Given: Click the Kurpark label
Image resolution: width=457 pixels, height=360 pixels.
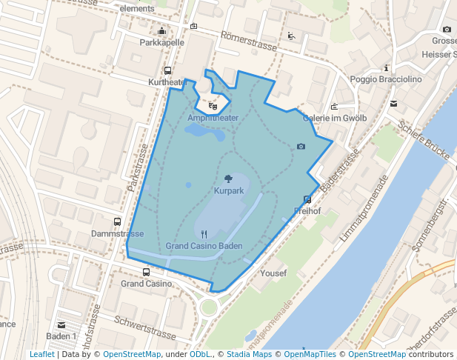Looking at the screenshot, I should point(229,191).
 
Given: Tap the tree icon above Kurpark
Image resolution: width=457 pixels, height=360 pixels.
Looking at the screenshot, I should point(228,179).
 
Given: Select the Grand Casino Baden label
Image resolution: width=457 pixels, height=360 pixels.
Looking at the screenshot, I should point(204,246).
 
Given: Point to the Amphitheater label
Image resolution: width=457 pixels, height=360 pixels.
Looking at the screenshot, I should point(213,118).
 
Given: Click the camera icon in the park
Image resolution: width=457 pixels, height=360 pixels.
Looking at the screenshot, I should point(301,147).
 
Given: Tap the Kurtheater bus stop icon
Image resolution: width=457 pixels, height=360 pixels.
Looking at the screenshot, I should point(167,71).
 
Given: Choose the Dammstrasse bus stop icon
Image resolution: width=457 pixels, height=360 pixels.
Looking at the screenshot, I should point(117,221).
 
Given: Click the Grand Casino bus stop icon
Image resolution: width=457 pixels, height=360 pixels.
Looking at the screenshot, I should point(146,272).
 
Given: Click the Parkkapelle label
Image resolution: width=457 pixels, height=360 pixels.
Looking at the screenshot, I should point(161,43).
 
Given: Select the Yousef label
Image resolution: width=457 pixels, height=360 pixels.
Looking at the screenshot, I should point(273,273).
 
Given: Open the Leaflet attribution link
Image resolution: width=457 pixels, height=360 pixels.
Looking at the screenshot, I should point(41,354).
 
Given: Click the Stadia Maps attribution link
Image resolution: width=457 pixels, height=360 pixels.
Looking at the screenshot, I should point(249,354).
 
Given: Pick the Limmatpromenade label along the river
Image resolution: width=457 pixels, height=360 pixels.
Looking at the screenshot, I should point(363,207).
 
